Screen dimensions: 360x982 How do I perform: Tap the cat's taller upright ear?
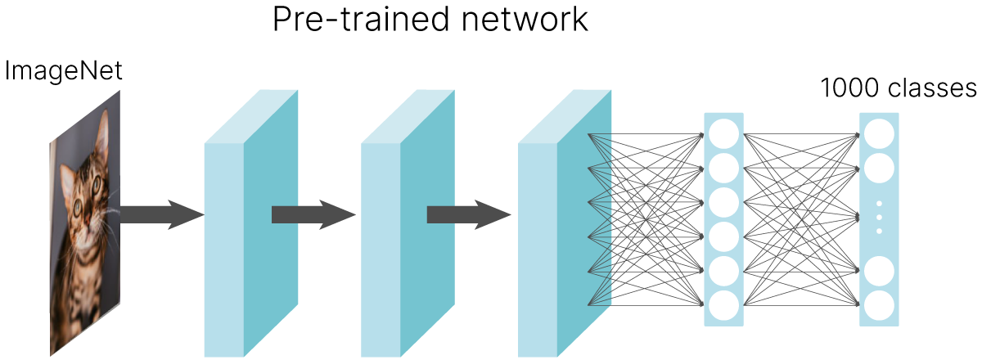pos(102,131)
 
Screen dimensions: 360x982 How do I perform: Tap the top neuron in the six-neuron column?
pos(723,133)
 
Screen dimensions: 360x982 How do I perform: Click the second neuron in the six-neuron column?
pos(723,168)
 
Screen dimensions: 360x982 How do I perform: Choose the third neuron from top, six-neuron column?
pos(723,202)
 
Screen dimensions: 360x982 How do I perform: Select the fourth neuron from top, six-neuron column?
pos(723,236)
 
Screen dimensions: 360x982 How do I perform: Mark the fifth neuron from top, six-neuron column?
pos(723,271)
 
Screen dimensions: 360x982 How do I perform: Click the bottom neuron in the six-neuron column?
pos(723,305)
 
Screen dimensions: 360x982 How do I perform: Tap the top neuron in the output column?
pos(879,133)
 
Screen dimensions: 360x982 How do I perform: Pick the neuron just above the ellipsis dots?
pos(879,168)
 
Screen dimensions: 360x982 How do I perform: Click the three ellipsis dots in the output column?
pos(879,217)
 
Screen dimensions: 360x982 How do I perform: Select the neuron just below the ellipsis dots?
pos(879,271)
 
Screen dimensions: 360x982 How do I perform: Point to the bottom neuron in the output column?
pos(879,305)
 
